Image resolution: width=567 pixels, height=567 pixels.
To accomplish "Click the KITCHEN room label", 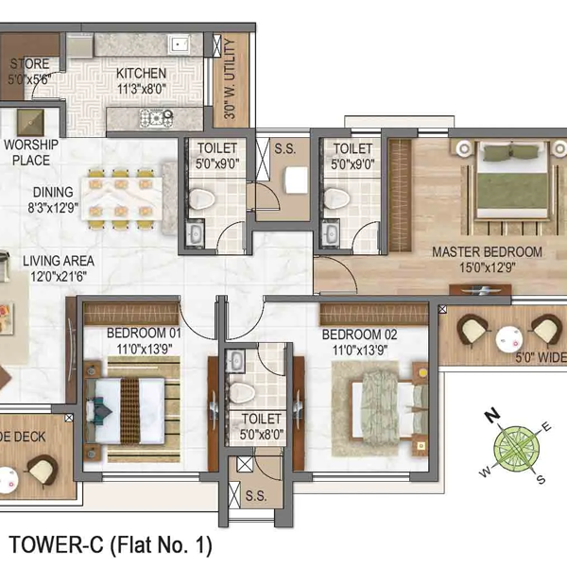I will (142, 74).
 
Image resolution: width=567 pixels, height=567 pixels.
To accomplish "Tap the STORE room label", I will (29, 64).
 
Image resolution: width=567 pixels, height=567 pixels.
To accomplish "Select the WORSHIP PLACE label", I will (31, 152).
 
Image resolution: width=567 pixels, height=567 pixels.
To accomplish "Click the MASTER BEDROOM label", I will (487, 252).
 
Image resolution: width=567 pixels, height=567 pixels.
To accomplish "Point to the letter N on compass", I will (491, 415).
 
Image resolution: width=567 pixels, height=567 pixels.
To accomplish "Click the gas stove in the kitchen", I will (153, 118).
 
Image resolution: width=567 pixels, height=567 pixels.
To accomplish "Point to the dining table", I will (122, 198).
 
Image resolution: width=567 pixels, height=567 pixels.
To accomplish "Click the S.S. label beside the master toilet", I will (284, 148).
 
